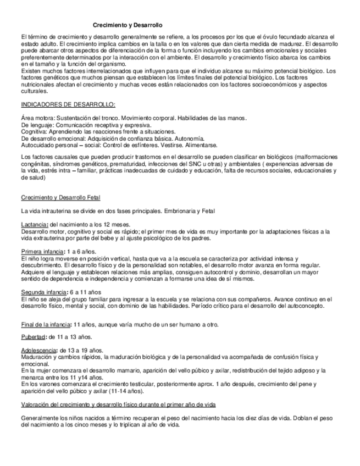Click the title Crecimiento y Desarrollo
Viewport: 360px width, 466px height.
127,25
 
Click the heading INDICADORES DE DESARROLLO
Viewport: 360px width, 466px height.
68,104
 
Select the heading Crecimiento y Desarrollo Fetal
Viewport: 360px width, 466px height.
60,197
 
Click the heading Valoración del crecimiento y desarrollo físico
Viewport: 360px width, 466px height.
118,404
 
